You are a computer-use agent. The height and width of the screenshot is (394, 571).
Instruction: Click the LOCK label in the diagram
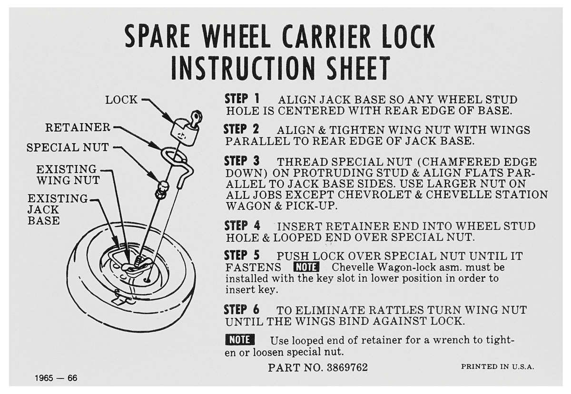[x=121, y=100]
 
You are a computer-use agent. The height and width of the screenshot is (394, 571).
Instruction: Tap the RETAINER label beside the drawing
[x=78, y=127]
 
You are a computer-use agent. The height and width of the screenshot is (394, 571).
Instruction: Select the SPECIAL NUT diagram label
[x=68, y=147]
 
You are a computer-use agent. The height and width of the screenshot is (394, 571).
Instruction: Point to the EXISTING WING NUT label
[x=68, y=175]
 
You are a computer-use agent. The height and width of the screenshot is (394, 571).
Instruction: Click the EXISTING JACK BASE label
[x=58, y=210]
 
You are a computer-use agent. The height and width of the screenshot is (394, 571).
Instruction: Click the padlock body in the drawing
[x=184, y=132]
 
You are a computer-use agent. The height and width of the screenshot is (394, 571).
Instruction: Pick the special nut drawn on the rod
[x=162, y=189]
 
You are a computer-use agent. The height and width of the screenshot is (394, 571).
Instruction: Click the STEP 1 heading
[x=242, y=99]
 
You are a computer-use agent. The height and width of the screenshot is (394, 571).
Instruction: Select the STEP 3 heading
[x=242, y=161]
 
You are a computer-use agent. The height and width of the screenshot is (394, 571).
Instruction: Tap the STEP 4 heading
[x=242, y=226]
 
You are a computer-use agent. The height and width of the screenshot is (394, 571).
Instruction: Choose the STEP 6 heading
[x=242, y=309]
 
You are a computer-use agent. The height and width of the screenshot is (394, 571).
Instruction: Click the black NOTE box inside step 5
[x=306, y=267]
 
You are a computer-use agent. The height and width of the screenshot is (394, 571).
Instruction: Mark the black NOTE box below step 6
[x=240, y=340]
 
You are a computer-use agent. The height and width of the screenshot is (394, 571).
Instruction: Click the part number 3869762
[x=347, y=367]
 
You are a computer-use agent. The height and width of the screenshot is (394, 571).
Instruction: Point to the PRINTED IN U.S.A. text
[x=497, y=367]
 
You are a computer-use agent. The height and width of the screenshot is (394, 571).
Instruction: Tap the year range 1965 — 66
[x=56, y=378]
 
